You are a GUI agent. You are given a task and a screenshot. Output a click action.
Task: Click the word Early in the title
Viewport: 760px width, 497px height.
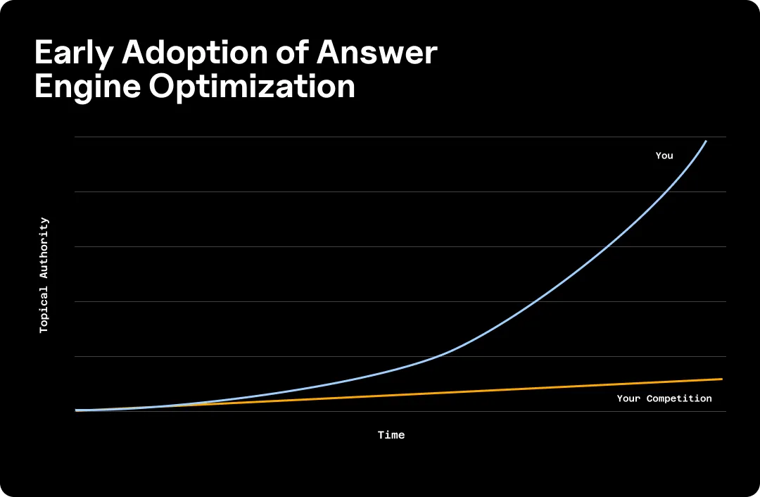(x=76, y=54)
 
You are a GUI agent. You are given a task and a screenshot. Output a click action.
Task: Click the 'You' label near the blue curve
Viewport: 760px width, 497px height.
(x=664, y=156)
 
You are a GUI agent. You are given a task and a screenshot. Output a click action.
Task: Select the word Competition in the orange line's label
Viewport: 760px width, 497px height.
(x=679, y=398)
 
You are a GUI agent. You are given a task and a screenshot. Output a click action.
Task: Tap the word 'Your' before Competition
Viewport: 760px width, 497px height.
(x=628, y=398)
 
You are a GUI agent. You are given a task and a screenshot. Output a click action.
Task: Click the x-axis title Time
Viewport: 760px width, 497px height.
(x=391, y=435)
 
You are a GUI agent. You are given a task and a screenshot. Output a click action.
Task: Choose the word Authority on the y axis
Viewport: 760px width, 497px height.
(x=44, y=249)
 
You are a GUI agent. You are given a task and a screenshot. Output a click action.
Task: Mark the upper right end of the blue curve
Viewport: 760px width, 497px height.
(x=706, y=141)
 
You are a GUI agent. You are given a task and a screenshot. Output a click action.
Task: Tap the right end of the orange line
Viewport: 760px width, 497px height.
(x=721, y=379)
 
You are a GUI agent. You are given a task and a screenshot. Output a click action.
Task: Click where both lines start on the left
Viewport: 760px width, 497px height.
(x=77, y=410)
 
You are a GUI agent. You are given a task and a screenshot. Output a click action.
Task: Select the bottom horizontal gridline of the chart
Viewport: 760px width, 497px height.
(x=493, y=411)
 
